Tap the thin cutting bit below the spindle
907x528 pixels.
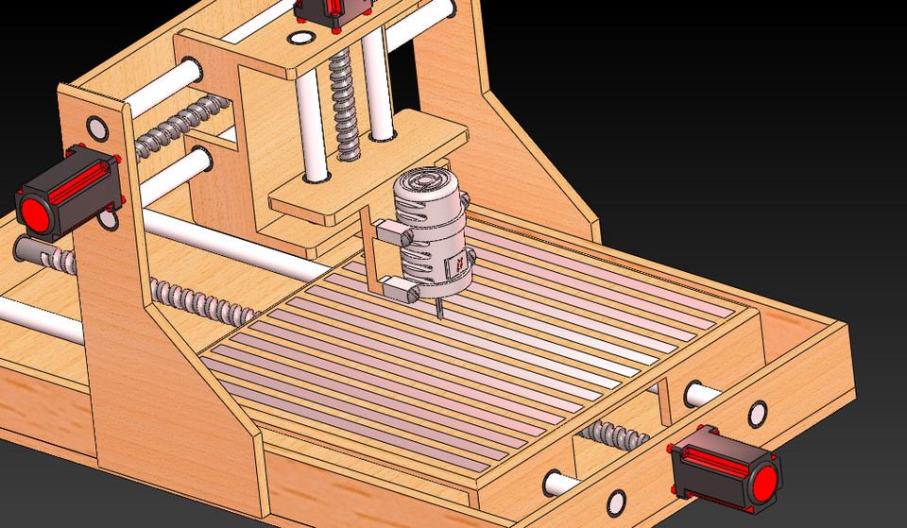pyautogui.click(x=438, y=308)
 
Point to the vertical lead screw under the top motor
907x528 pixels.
pyautogui.click(x=344, y=104)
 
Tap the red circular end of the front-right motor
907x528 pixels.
pyautogui.click(x=762, y=483)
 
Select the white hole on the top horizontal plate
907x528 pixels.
pyautogui.click(x=301, y=38)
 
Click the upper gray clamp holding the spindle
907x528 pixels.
pyautogui.click(x=390, y=230)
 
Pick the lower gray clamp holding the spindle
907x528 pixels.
pyautogui.click(x=401, y=287)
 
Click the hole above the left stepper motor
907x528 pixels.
pyautogui.click(x=97, y=127)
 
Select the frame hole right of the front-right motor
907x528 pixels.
pyautogui.click(x=757, y=413)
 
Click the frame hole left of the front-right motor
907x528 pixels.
pyautogui.click(x=618, y=500)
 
